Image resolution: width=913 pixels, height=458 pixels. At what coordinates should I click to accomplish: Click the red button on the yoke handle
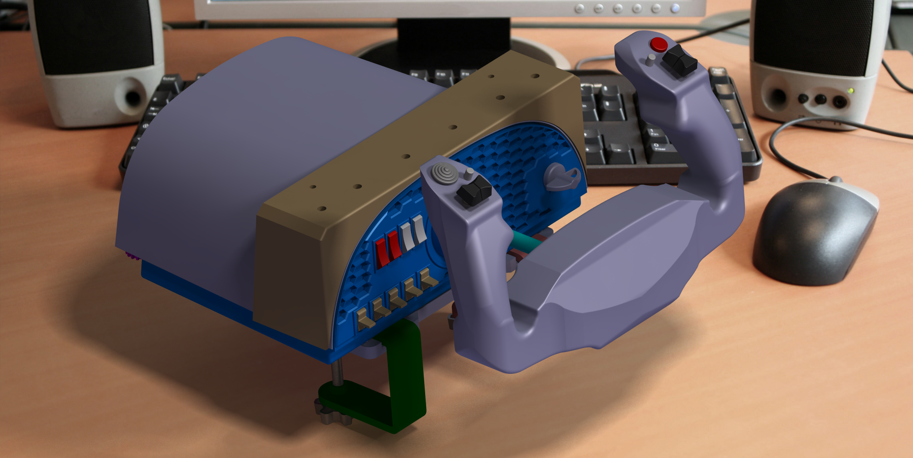659,45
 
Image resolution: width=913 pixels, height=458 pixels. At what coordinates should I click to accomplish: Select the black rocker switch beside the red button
680,61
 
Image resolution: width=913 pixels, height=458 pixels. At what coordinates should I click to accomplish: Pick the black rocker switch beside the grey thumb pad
474,191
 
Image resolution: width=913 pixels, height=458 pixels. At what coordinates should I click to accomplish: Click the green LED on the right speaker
850,91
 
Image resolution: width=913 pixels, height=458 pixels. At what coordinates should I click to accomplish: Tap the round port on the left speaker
133,97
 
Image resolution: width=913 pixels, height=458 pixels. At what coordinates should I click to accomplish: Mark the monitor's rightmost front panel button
675,8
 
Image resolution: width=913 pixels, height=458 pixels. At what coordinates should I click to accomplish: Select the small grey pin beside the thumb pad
469,173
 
